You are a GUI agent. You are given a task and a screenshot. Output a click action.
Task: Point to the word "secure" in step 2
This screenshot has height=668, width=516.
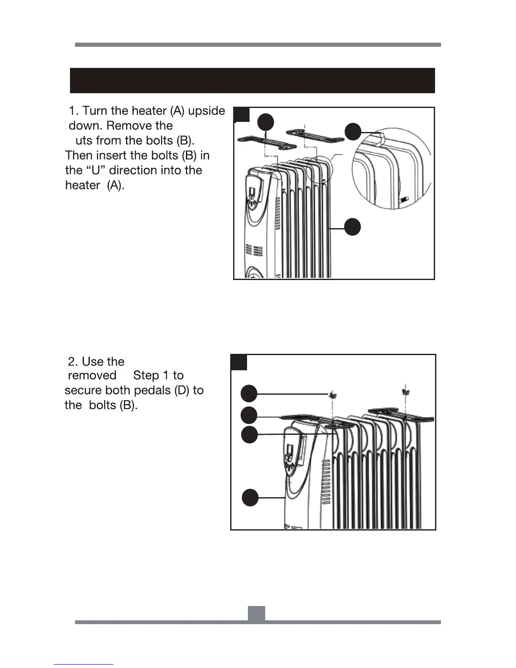tap(83, 391)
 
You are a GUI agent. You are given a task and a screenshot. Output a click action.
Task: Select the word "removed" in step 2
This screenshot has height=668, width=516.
tap(92, 375)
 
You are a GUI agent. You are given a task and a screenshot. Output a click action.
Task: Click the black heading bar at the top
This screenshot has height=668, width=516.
tap(252, 80)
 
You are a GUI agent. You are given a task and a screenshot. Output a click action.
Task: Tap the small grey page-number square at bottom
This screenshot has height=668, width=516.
tap(256, 614)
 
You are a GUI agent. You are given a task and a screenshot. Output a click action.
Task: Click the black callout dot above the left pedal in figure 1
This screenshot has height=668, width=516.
tap(266, 122)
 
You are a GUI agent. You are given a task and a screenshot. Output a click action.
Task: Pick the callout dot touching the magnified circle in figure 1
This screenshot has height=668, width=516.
tap(353, 132)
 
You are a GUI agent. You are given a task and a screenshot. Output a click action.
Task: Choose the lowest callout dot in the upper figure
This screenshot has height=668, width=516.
tap(353, 227)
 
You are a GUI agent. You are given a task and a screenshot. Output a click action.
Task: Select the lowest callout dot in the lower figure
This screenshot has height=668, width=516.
tap(250, 497)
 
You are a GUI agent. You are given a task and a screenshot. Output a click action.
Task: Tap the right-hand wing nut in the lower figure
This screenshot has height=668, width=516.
tap(406, 393)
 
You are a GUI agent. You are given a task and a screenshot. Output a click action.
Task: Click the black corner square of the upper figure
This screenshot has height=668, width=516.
tap(242, 115)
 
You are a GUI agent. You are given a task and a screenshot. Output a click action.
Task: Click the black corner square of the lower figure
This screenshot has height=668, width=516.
tap(239, 362)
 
